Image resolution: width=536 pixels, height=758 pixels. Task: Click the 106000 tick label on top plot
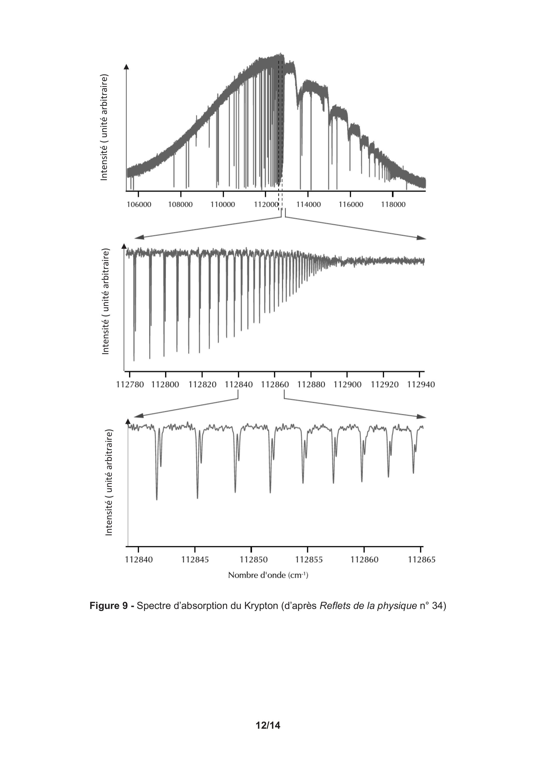point(139,204)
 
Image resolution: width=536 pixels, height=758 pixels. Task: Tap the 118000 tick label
point(393,204)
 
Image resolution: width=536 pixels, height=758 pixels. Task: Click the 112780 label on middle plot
point(130,385)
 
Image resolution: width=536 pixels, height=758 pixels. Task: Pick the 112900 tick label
point(347,385)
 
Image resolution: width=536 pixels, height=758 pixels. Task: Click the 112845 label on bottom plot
point(195,560)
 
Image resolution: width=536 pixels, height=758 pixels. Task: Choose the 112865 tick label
point(422,560)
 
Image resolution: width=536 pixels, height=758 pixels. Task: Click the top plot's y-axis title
point(104,128)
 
